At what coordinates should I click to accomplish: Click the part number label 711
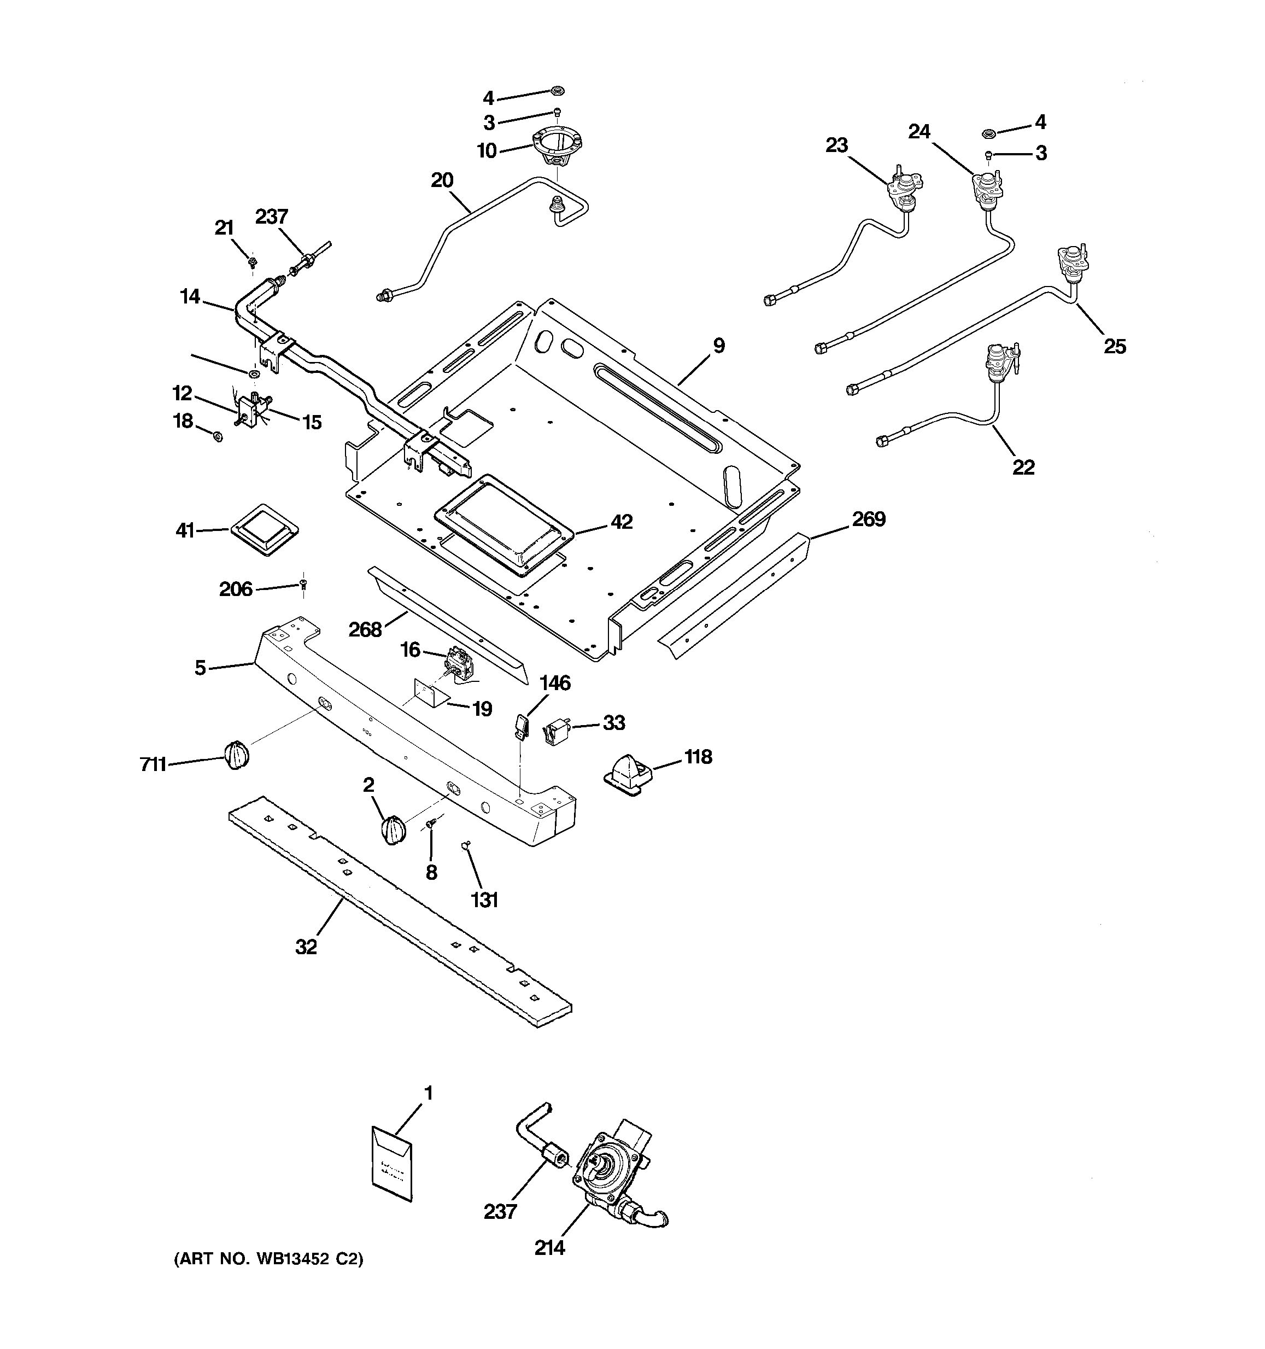point(153,765)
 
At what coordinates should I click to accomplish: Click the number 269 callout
point(869,519)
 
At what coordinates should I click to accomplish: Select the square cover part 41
point(265,529)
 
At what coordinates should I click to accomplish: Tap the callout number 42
point(622,522)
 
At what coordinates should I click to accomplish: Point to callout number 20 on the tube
point(442,180)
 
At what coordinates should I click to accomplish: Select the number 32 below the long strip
point(306,947)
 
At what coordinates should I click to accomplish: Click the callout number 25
point(1115,347)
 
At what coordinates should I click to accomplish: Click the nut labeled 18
point(218,436)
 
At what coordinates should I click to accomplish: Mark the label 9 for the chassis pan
point(718,346)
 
